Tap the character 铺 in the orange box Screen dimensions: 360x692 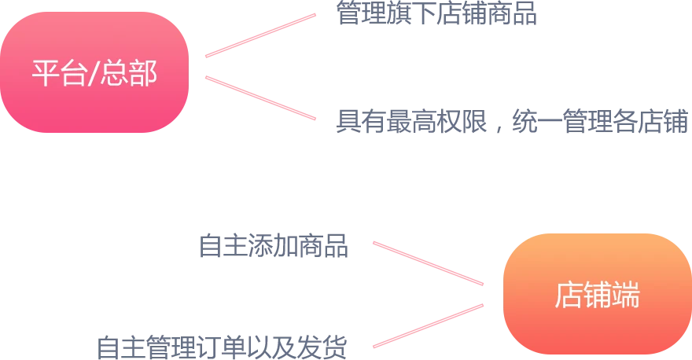coord(597,296)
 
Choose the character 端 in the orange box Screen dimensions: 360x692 coord(626,296)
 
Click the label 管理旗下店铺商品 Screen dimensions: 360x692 coord(437,12)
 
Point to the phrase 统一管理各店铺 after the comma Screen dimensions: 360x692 coord(598,123)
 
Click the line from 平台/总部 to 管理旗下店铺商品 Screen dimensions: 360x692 coord(260,35)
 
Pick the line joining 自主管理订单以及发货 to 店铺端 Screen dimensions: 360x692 coord(427,324)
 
